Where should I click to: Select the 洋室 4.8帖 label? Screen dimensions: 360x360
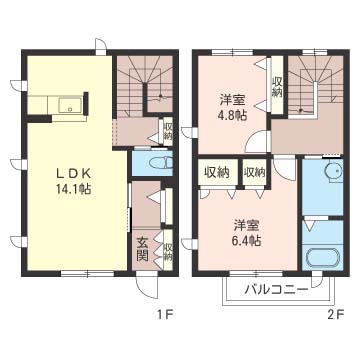tap(233, 107)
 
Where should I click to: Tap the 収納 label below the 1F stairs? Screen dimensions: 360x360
tap(168, 132)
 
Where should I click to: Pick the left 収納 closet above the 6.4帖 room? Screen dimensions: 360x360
tap(216, 172)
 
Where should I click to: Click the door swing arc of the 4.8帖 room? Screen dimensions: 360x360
tap(258, 141)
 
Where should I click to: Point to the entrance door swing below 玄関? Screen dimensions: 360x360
tap(147, 284)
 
